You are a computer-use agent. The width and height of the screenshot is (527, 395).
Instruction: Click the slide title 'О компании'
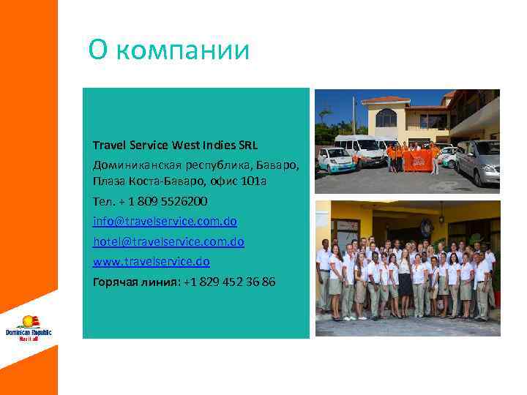(169, 50)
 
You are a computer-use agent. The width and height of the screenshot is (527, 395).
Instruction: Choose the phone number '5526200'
(183, 200)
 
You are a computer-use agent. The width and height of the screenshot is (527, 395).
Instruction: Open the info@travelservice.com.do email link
(165, 220)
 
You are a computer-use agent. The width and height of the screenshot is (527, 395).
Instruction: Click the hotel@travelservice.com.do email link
(168, 241)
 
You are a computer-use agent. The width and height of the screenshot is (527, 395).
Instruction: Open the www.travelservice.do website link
(152, 260)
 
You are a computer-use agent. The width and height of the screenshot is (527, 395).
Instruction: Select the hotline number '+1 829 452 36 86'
(229, 281)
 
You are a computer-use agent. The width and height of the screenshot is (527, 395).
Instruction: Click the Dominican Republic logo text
(29, 334)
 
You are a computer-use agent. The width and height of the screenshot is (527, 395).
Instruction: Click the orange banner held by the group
(418, 159)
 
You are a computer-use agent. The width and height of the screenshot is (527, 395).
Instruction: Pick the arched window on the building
(386, 117)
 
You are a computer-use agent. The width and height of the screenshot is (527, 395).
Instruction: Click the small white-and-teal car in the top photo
(335, 159)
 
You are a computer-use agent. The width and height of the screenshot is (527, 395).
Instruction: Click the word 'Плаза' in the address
(108, 181)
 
